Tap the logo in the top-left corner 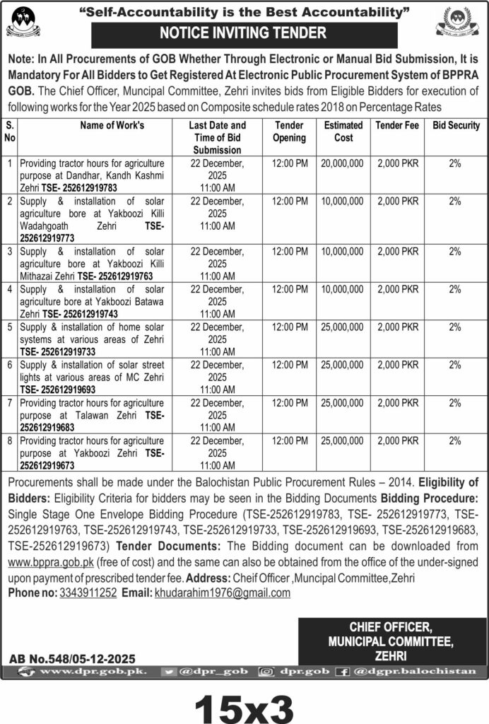(23, 22)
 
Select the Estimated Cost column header (344, 132)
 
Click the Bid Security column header (456, 126)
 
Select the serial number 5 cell (10, 327)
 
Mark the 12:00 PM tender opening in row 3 (290, 250)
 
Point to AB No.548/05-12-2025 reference (72, 658)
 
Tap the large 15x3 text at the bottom (244, 704)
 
